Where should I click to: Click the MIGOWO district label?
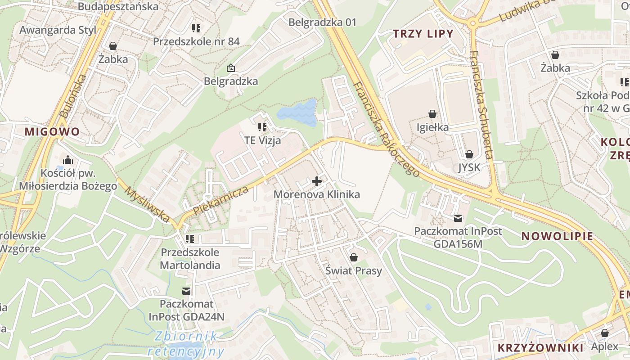52,132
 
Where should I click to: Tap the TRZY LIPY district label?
423,34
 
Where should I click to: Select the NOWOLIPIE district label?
557,236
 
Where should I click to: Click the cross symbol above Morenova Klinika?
317,182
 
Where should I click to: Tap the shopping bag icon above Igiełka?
432,114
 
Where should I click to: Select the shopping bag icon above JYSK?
469,154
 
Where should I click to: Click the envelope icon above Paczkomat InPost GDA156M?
458,218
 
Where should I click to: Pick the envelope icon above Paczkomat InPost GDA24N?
186,291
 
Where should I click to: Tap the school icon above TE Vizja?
263,127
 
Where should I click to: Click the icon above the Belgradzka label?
231,68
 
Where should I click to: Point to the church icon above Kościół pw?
68,160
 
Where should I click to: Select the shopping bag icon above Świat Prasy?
354,257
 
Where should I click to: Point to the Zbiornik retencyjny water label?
185,343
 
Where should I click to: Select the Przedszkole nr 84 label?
196,42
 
